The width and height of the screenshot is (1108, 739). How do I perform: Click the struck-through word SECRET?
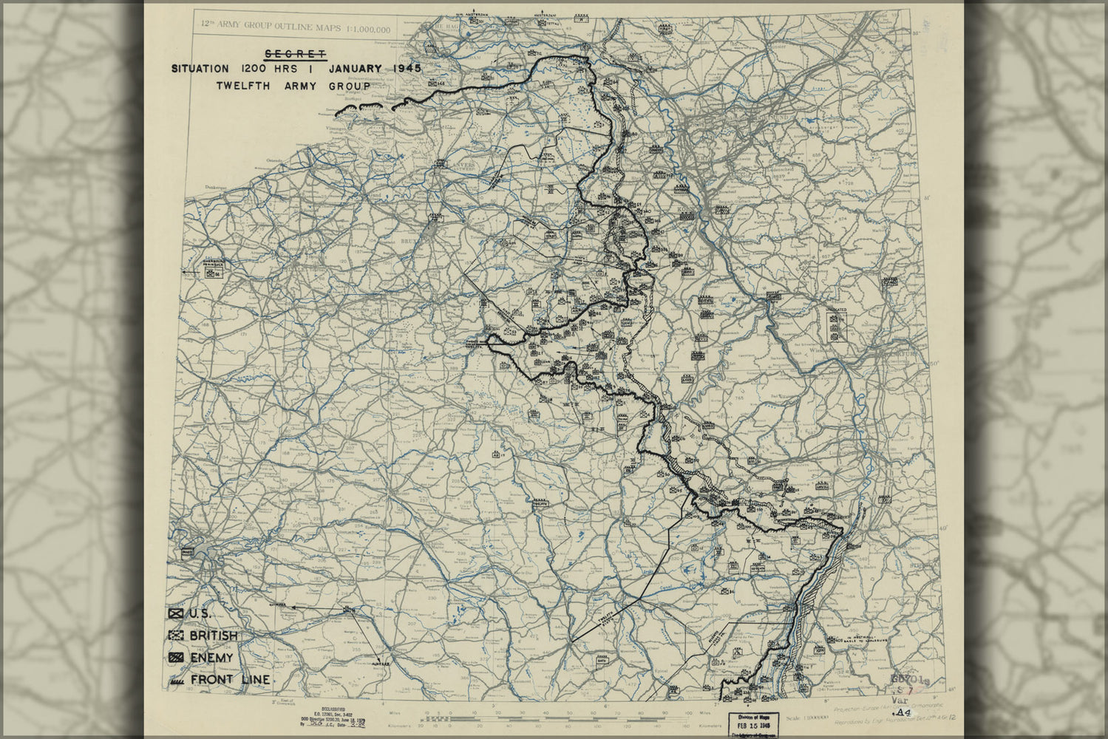(295, 53)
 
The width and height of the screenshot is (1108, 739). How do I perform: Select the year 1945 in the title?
(398, 69)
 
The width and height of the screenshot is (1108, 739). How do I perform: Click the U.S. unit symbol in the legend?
(176, 613)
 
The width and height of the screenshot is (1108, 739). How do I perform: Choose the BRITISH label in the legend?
(214, 636)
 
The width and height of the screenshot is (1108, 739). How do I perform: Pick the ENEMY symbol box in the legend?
(176, 658)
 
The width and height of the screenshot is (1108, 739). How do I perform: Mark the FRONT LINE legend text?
(229, 680)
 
